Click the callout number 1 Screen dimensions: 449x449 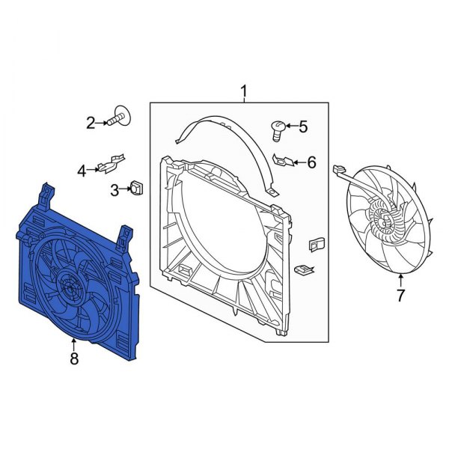244,91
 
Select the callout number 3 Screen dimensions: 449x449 114,190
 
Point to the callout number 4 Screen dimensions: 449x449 82,170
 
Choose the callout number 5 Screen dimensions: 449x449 302,127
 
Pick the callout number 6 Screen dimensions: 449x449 311,162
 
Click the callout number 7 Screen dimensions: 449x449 400,296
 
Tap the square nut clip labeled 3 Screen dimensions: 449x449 138,187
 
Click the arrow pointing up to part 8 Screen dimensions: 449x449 73,345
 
